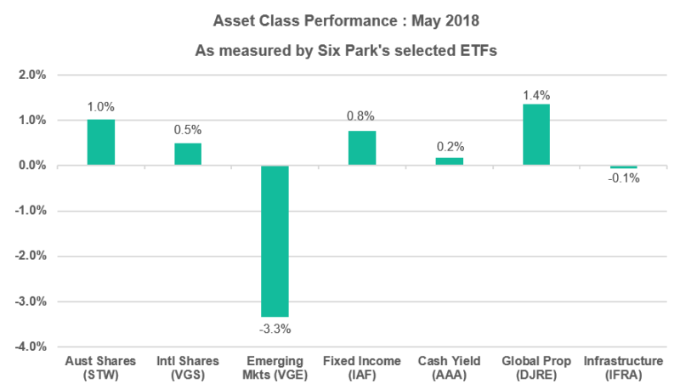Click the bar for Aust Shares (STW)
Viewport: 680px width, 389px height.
tap(101, 143)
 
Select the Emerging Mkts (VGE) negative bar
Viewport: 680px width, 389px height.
tap(275, 241)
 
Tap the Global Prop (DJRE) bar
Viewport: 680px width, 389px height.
tap(536, 134)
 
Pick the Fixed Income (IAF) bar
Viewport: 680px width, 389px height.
tap(362, 148)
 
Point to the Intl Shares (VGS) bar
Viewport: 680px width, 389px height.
tap(188, 154)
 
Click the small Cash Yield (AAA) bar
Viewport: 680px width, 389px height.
tap(450, 161)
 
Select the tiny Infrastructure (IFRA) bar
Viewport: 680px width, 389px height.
tap(623, 167)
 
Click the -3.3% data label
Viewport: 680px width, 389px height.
tap(275, 328)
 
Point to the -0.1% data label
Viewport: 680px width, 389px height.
tap(625, 178)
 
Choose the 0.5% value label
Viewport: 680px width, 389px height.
tap(188, 130)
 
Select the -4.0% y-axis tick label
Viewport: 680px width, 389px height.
tap(30, 347)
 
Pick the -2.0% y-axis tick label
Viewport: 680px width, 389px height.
tap(30, 256)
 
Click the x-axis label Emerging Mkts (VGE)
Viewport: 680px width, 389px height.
tap(275, 369)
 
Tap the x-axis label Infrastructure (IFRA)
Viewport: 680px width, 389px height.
tap(623, 369)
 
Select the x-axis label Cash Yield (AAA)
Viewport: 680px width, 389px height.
tap(450, 369)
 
